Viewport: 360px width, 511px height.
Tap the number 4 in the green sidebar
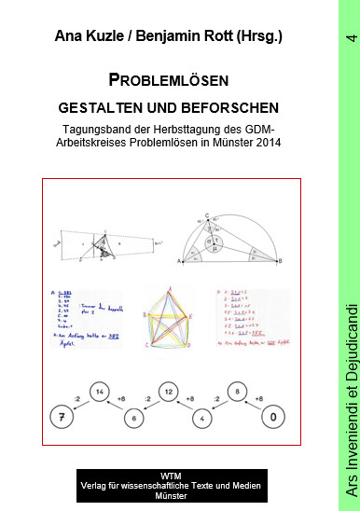(x=350, y=38)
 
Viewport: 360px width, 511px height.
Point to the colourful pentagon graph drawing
(x=168, y=320)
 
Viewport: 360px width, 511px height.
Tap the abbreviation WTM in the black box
(x=171, y=474)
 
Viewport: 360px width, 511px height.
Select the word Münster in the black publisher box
(x=171, y=495)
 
